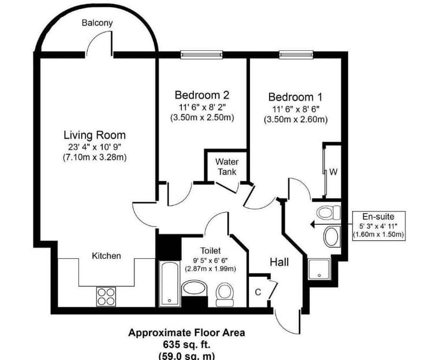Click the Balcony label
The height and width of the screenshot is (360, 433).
[x=97, y=23]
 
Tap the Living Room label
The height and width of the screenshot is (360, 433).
[x=95, y=135]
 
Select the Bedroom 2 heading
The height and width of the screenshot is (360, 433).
[x=202, y=95]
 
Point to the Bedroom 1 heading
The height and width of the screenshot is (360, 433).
[x=295, y=97]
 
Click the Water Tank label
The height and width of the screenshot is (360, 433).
[x=227, y=166]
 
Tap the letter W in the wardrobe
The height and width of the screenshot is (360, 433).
[x=333, y=172]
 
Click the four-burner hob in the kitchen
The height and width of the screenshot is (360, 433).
[x=106, y=296]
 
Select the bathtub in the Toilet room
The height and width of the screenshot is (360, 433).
[x=169, y=284]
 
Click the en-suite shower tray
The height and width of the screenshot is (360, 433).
[x=319, y=269]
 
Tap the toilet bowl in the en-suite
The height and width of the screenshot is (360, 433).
[x=329, y=212]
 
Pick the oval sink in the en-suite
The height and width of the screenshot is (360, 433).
[x=332, y=237]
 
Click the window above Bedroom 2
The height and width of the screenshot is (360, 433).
[x=201, y=55]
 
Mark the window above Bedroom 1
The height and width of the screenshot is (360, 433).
[x=296, y=55]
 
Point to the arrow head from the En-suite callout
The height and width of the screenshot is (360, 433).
[x=312, y=224]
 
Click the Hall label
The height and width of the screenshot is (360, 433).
[x=279, y=262]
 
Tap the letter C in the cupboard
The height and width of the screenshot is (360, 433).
[x=258, y=292]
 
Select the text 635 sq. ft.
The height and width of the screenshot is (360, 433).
[x=186, y=345]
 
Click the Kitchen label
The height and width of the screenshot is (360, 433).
[x=106, y=256]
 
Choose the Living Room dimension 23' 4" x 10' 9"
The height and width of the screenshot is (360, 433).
[x=95, y=147]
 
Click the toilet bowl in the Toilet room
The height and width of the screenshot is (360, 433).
[x=225, y=295]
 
